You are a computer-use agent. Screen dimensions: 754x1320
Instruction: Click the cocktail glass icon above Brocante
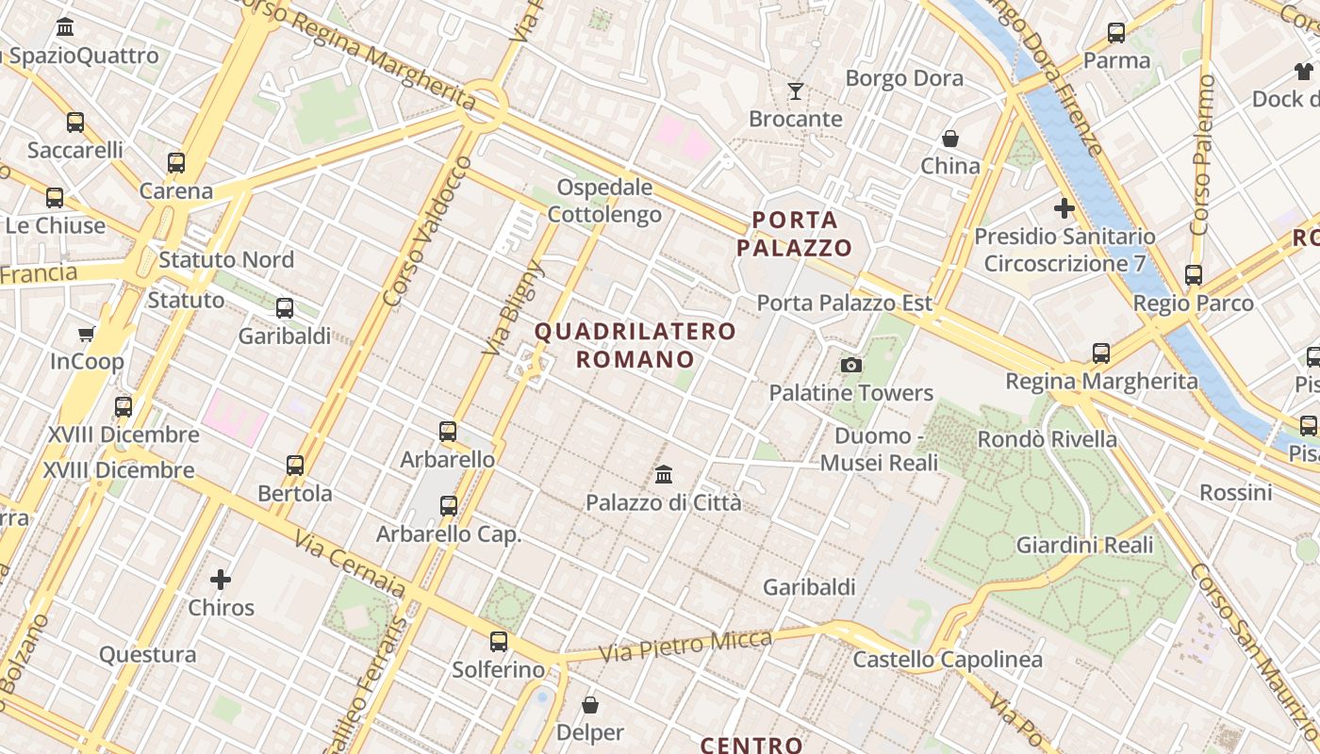tap(796, 91)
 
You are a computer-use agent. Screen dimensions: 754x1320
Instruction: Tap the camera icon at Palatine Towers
tap(851, 365)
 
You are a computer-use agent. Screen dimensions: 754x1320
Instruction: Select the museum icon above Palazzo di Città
tap(664, 473)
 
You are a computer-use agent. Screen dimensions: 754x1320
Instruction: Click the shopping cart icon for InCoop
tap(87, 334)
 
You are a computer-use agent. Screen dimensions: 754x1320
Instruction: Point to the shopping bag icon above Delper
tap(590, 704)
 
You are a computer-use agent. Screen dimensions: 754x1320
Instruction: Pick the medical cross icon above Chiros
tap(221, 579)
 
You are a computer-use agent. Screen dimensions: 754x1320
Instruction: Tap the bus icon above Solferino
tap(499, 642)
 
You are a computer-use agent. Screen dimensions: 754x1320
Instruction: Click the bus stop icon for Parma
tap(1116, 33)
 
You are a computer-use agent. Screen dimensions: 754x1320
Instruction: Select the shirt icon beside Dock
tap(1304, 72)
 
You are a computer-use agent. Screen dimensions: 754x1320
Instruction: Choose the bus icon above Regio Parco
tap(1194, 275)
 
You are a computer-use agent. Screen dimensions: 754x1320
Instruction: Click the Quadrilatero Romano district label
tap(635, 345)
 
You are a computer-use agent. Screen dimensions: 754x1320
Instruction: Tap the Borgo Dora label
tap(904, 78)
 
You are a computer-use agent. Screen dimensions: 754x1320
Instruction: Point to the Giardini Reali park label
tap(1084, 545)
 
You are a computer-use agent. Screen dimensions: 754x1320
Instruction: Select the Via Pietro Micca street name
tap(685, 645)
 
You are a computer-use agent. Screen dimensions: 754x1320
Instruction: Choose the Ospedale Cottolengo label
tap(604, 201)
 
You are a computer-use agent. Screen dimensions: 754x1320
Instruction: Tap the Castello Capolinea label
tap(948, 659)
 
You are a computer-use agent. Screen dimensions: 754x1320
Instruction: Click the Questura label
tap(148, 654)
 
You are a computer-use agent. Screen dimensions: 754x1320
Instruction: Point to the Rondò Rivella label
tap(1047, 439)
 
